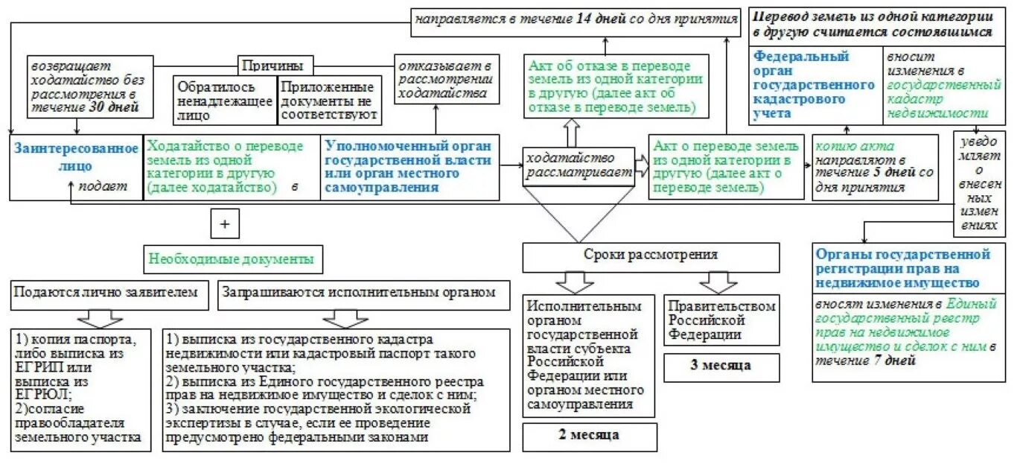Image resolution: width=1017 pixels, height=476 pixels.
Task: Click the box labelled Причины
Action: (x=275, y=65)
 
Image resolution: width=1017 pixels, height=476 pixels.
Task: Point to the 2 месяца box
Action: (x=590, y=435)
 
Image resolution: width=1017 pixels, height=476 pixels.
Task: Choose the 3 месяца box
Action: (x=721, y=366)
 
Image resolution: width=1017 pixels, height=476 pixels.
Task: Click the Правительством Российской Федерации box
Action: (x=721, y=320)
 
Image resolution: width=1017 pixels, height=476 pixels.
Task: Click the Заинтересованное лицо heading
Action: (x=75, y=157)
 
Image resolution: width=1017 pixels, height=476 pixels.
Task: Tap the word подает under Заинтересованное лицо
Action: (x=112, y=188)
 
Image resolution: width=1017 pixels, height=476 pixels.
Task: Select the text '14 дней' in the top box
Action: (x=600, y=19)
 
